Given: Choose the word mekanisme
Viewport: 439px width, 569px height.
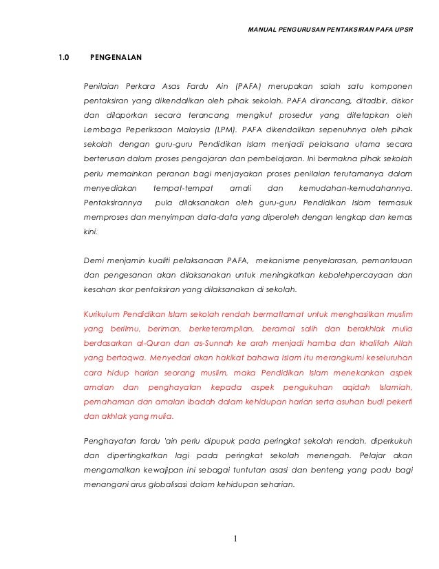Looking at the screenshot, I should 286,260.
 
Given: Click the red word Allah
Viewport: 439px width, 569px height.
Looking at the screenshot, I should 401,342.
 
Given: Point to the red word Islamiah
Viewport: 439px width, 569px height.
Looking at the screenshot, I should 389,388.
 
